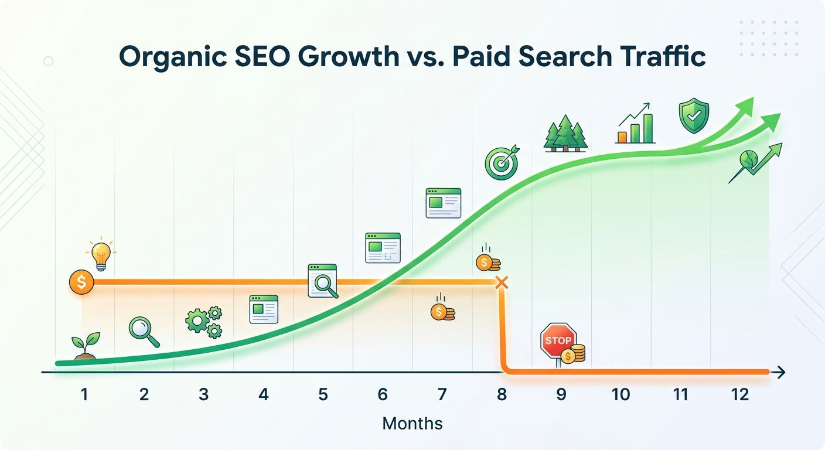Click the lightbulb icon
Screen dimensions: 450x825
(x=100, y=255)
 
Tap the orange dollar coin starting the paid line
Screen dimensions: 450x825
(x=81, y=282)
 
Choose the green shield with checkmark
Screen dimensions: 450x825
(x=694, y=116)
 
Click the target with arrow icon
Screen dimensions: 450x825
(x=501, y=162)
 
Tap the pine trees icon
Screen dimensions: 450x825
(x=565, y=134)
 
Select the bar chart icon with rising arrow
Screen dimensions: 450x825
(x=636, y=124)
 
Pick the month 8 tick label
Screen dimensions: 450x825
(x=502, y=395)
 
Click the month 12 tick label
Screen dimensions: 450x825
(x=740, y=395)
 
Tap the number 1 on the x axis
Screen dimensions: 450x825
(x=84, y=395)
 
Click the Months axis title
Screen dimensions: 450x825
(x=412, y=423)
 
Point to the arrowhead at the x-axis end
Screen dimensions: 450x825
(x=781, y=372)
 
